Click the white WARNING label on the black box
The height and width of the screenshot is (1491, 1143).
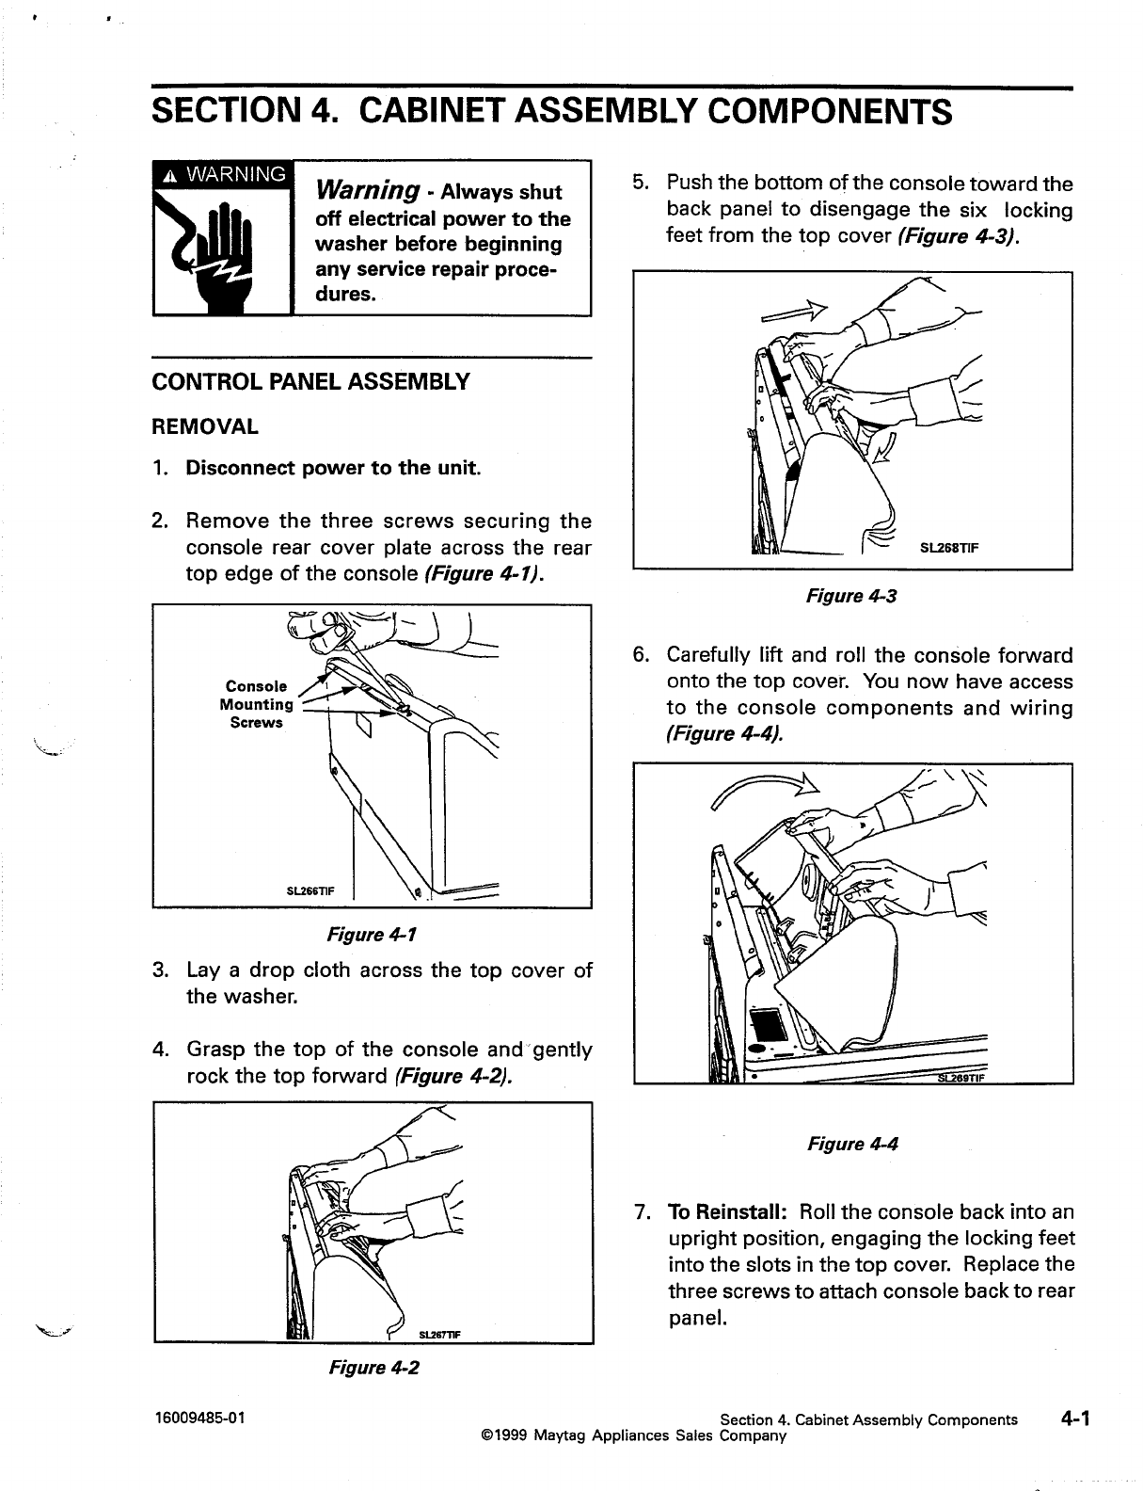tap(224, 174)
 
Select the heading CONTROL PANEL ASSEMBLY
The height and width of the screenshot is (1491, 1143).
tap(310, 382)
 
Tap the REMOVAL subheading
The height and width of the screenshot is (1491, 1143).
tap(205, 426)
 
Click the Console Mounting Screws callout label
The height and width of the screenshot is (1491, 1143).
tap(257, 705)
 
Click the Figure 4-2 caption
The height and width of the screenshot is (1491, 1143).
tap(372, 1368)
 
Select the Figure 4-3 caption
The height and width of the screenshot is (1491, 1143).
tap(851, 595)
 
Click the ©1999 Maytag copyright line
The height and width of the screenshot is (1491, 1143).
tap(632, 1435)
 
